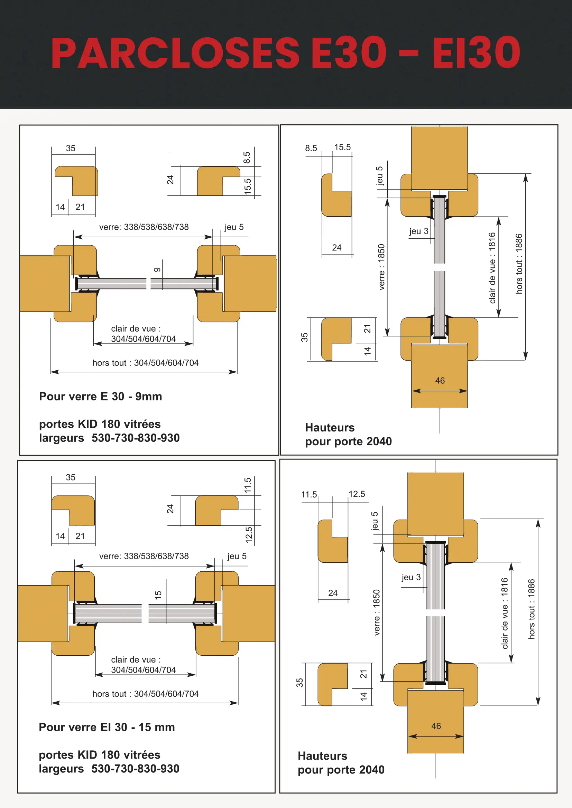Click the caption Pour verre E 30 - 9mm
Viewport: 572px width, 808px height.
point(100,397)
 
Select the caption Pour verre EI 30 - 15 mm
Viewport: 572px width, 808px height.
point(107,727)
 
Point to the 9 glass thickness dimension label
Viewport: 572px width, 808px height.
point(157,270)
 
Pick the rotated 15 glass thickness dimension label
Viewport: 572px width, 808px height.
point(158,595)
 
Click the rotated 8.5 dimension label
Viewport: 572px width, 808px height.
point(247,157)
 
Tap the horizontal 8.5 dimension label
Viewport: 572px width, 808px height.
point(311,148)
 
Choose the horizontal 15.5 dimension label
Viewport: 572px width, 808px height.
point(342,147)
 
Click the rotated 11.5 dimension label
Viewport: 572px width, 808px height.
point(248,485)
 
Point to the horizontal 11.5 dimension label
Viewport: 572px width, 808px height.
point(309,494)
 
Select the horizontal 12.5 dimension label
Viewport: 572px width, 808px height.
point(357,494)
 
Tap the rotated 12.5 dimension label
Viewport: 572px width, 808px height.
point(249,534)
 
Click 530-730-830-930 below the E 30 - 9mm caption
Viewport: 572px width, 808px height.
point(136,438)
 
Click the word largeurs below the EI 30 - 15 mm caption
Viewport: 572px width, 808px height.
point(61,769)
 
